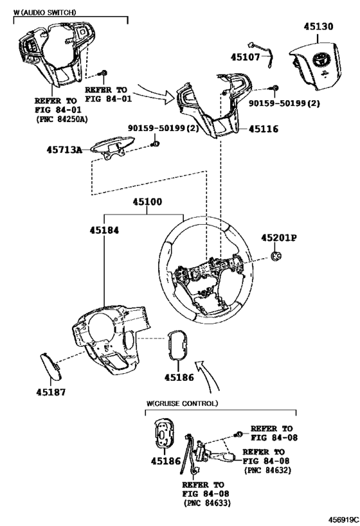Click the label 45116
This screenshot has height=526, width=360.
click(x=264, y=129)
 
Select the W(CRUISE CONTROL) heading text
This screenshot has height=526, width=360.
click(x=182, y=403)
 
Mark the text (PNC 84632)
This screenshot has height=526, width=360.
click(x=267, y=470)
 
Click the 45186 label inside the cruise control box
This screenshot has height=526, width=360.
click(x=165, y=461)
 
